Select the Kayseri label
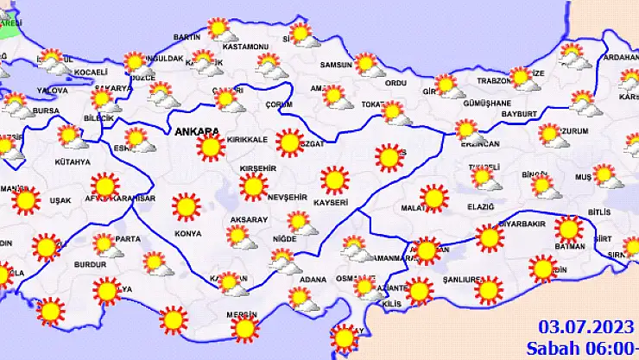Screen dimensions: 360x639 point(331,203)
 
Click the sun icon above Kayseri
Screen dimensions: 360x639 point(334,180)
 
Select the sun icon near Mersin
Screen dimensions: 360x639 point(245,328)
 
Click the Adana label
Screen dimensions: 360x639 point(313,280)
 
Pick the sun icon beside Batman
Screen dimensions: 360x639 point(567,230)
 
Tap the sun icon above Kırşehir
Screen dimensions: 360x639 point(254,186)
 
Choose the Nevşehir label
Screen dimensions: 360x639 point(288,197)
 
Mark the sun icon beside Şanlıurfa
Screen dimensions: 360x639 point(488,290)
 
